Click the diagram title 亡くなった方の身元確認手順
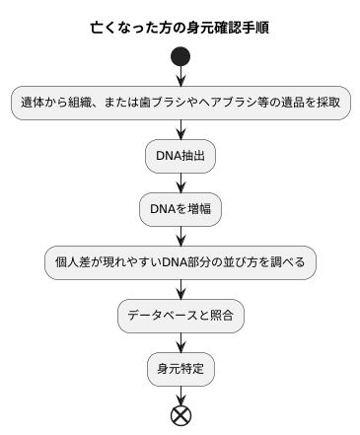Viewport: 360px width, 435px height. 180,27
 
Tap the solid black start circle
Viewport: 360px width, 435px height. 180,56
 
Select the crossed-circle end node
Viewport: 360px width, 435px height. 180,415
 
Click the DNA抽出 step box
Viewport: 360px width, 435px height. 180,156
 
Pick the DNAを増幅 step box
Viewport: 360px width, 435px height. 180,209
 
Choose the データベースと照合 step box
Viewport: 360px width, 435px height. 180,316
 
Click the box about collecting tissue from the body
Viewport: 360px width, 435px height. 180,103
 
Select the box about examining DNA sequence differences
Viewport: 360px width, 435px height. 180,262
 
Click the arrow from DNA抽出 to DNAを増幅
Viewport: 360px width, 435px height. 180,182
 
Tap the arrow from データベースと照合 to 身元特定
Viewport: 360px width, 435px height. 180,342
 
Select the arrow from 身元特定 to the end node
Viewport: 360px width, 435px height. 180,394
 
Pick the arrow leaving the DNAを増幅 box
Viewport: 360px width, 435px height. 180,236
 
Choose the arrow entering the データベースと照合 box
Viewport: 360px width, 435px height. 180,289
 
